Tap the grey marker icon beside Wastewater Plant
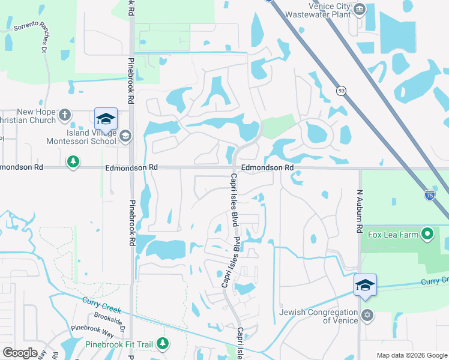(360, 9)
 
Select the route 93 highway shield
(341, 90)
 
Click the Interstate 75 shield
(429, 194)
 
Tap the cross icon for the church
(65, 114)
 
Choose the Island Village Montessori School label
(83, 137)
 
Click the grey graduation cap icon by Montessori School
(125, 136)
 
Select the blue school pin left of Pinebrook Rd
(106, 119)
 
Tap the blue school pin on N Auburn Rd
(364, 285)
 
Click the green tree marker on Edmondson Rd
(73, 162)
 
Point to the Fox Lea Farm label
(393, 235)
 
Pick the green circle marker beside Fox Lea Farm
(428, 233)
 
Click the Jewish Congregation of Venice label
(318, 316)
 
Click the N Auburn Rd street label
(361, 218)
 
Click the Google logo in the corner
(20, 352)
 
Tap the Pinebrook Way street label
(92, 331)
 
